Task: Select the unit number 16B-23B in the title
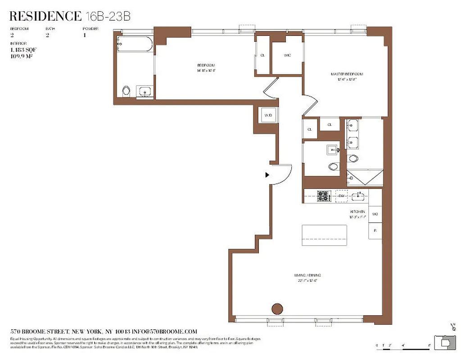pos(108,17)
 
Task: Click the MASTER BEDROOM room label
pos(346,74)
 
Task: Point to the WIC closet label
pos(287,55)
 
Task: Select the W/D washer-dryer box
pos(268,116)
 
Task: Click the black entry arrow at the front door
pos(267,175)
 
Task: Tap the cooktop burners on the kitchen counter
pos(323,196)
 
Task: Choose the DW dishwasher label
pos(341,196)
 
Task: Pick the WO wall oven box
pos(375,214)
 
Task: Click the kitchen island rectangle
pos(324,234)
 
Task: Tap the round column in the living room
pos(277,309)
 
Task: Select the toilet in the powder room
pos(334,167)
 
